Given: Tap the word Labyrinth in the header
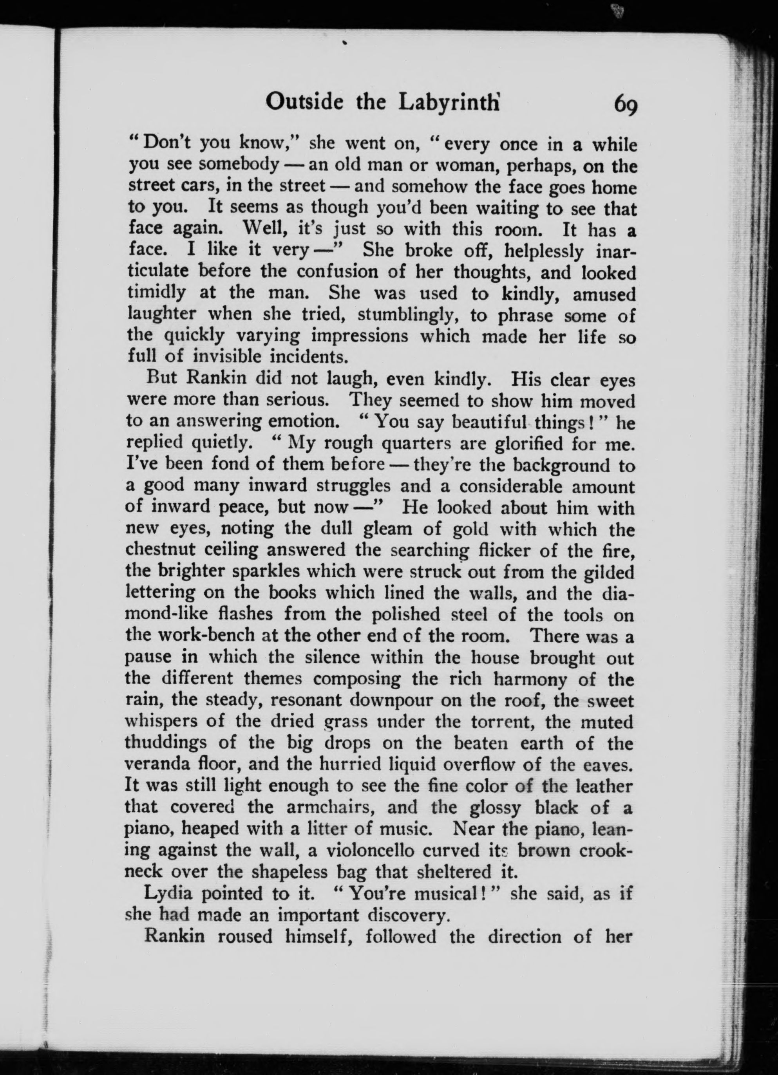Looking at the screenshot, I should pyautogui.click(x=449, y=102).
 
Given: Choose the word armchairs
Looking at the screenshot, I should pyautogui.click(x=331, y=808).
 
